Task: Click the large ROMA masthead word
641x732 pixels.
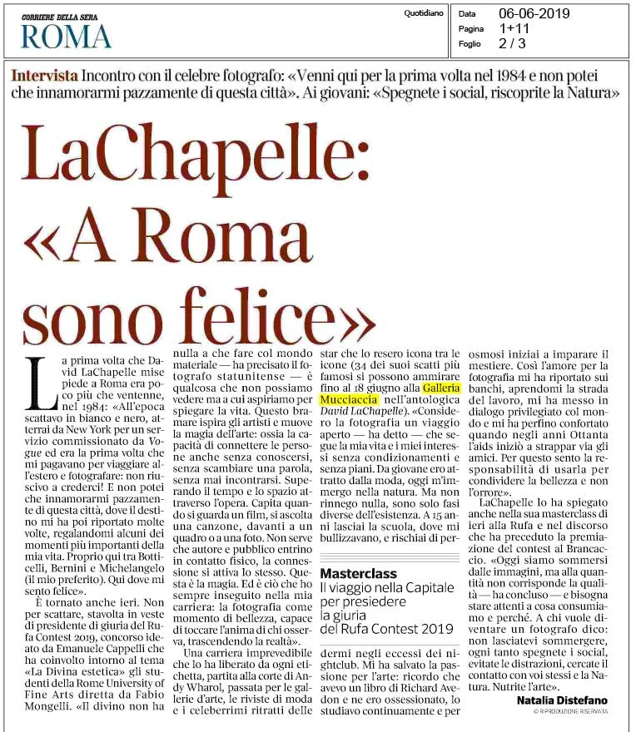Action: pos(66,36)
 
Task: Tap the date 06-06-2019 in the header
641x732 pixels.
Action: pos(546,13)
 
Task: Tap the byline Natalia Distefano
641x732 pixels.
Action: pos(562,700)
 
